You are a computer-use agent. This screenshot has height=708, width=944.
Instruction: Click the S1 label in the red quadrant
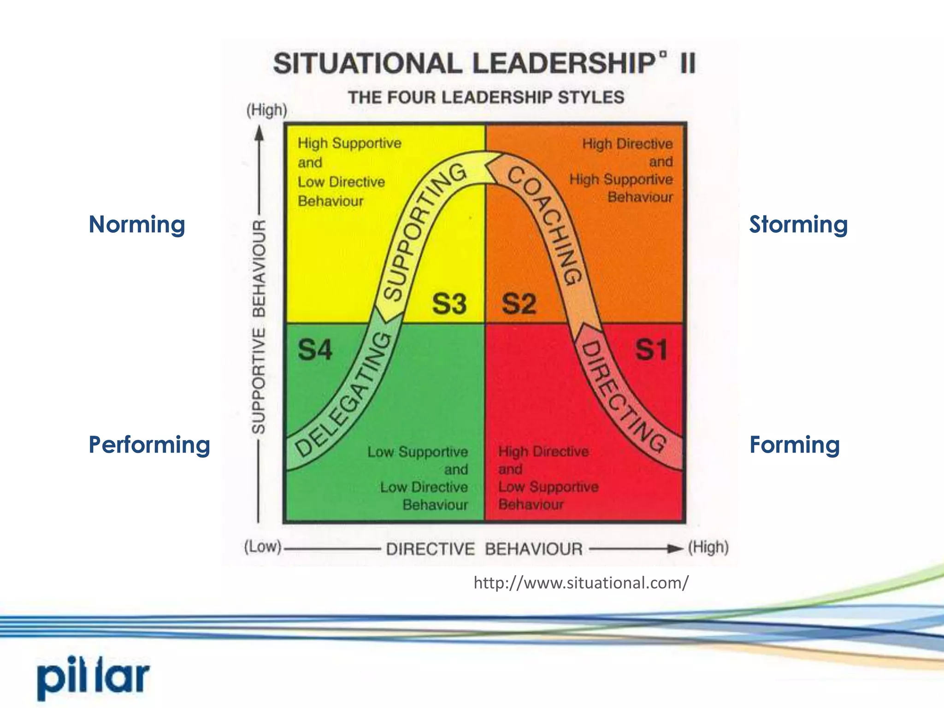tap(651, 350)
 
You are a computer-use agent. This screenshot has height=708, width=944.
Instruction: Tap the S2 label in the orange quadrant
tap(519, 304)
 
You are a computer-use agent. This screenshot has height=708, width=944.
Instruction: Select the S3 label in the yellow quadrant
tap(449, 304)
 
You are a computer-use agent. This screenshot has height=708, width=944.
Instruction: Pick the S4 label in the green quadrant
tap(315, 350)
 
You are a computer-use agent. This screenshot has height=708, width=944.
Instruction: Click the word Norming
tap(137, 224)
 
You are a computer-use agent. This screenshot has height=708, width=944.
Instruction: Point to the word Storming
tap(798, 224)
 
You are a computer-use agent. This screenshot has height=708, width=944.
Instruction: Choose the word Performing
tap(149, 445)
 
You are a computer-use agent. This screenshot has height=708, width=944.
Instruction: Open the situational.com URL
tap(581, 583)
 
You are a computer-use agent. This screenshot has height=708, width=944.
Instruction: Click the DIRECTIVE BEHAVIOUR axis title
tap(484, 549)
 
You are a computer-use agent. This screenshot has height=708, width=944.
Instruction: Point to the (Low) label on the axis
tap(263, 547)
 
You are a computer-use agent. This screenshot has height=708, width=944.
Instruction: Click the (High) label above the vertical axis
tap(267, 110)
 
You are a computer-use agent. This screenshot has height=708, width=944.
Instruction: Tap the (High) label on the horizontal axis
tap(708, 547)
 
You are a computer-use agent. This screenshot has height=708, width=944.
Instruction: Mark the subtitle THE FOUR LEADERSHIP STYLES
tap(486, 97)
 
